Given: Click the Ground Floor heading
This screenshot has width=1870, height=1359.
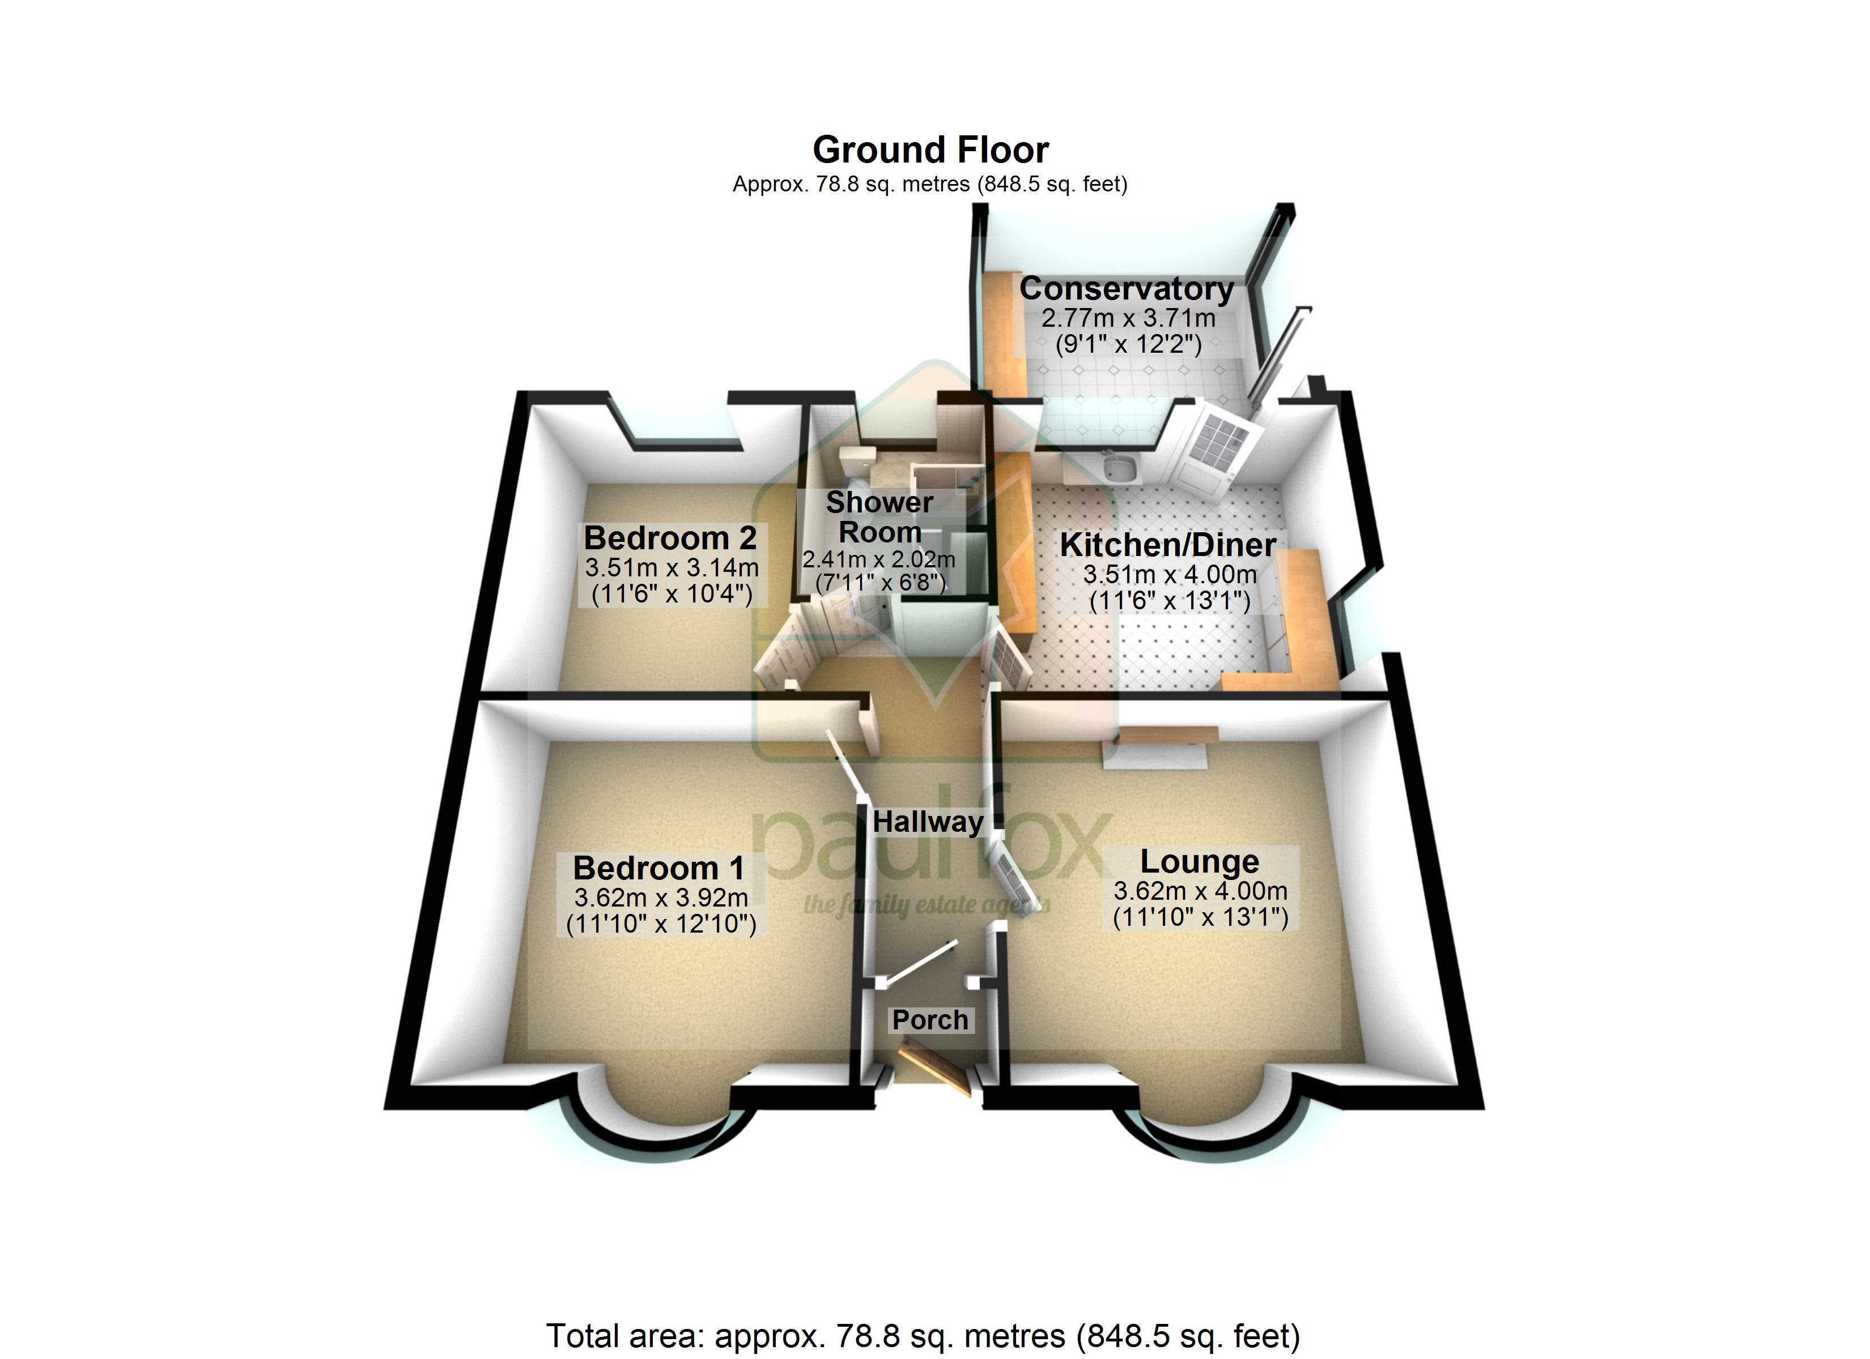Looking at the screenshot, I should [930, 150].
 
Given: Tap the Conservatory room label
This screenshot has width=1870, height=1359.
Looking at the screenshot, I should [1127, 288].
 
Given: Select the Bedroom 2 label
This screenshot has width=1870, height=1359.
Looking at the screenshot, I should [669, 538].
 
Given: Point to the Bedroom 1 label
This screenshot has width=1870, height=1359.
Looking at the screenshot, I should [659, 868].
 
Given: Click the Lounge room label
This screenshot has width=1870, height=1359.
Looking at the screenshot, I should [1200, 861].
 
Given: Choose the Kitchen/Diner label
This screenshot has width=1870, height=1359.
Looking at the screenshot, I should [1167, 545].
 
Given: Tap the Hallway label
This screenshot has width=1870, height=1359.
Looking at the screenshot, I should [928, 822].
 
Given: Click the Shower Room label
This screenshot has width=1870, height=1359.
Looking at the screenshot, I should [880, 517].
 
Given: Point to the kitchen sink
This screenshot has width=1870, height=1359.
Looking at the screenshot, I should [1119, 468].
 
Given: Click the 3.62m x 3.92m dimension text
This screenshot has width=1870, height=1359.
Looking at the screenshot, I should [661, 898].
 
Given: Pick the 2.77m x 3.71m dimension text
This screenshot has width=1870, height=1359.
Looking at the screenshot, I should [1128, 318].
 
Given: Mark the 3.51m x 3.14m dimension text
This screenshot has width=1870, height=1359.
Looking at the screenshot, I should [671, 568].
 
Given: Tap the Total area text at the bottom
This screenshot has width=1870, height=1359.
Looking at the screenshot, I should [923, 1336].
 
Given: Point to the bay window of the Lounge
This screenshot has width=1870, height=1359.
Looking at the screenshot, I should [1201, 1131].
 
